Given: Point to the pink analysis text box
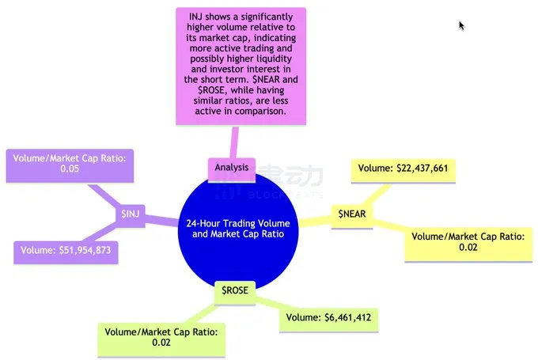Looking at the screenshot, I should point(241,66).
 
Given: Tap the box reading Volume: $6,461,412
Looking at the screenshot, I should point(326,318).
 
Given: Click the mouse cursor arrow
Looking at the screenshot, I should point(461,25).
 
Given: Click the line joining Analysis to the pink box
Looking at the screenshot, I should point(233,142).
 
